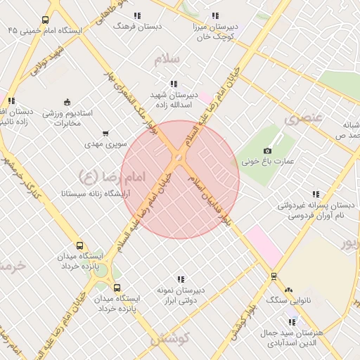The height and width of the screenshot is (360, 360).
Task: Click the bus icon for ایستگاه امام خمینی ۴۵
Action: tap(46, 20)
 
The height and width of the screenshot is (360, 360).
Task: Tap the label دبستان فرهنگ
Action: tap(138, 25)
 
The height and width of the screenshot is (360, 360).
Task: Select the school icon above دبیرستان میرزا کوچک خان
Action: tap(215, 15)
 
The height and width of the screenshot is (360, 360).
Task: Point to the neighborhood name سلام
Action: tap(168, 59)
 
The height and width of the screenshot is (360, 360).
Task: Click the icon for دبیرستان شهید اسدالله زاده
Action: tap(174, 84)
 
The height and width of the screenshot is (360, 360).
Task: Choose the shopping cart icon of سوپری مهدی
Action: tap(105, 133)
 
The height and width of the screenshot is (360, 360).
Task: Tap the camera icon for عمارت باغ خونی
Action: tap(267, 150)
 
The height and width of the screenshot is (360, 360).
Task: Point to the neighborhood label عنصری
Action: tap(303, 119)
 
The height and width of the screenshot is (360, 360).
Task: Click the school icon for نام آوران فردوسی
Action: tap(315, 194)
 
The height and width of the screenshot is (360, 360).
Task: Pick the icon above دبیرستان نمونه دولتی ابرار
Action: tap(181, 279)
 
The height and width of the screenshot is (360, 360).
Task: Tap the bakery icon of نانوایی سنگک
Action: tap(288, 289)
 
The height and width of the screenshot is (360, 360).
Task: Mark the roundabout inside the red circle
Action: tap(180, 160)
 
